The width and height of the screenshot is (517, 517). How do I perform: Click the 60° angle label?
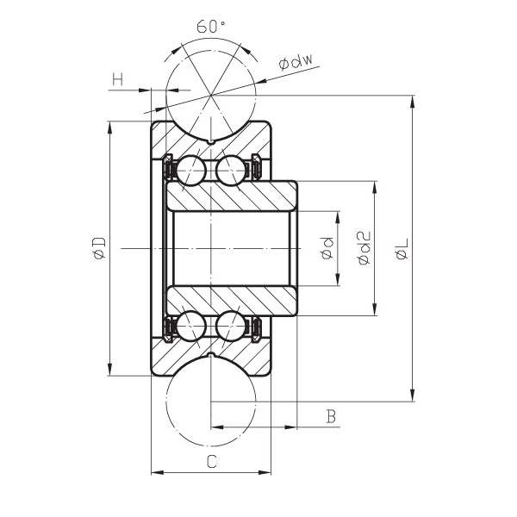tap(211, 27)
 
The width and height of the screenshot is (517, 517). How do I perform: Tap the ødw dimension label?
tap(296, 61)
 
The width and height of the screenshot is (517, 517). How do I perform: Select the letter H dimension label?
tap(118, 79)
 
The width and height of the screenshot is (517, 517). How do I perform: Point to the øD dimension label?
tap(99, 247)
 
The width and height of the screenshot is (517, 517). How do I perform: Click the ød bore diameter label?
tap(327, 248)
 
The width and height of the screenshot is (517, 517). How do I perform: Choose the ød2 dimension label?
tap(364, 248)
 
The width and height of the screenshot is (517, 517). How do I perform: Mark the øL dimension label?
tap(402, 249)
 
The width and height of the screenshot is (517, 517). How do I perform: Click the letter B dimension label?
tap(331, 416)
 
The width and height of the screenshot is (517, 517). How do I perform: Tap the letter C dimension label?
tap(212, 461)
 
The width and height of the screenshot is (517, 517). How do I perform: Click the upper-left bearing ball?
tap(191, 171)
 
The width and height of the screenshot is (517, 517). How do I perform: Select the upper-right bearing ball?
tap(231, 171)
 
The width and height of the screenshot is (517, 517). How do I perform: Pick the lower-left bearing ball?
tap(191, 326)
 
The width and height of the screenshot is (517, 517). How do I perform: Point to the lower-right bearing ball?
tap(231, 326)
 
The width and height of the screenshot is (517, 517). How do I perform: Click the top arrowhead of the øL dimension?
tap(412, 101)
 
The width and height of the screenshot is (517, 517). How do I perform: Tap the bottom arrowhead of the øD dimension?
tap(110, 370)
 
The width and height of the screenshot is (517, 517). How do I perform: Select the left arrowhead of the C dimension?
tap(158, 472)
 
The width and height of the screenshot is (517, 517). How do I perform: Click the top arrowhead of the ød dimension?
tap(338, 218)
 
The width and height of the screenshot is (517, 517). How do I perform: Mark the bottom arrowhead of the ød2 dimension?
tap(374, 309)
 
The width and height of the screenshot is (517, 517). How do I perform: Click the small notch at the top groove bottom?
tap(211, 142)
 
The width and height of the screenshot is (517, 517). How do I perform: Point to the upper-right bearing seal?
tap(256, 167)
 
